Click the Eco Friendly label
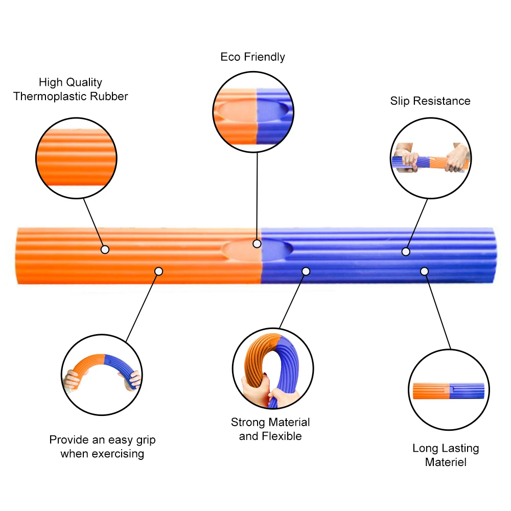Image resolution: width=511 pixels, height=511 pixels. point(252,57)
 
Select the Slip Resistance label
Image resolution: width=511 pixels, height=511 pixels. point(430,101)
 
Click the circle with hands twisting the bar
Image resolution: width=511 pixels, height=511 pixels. point(430,158)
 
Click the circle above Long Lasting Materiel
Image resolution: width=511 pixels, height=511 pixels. point(449,390)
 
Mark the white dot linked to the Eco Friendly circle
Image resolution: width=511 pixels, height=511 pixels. point(257,244)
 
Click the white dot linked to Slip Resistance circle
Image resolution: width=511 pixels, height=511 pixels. point(406,251)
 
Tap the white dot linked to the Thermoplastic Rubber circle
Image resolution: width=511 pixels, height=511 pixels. point(105,249)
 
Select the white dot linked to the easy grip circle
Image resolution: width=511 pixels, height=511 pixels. point(158,271)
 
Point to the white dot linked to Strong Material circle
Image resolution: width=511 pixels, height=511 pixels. point(306,271)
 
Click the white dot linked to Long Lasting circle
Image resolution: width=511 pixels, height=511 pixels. point(424,271)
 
